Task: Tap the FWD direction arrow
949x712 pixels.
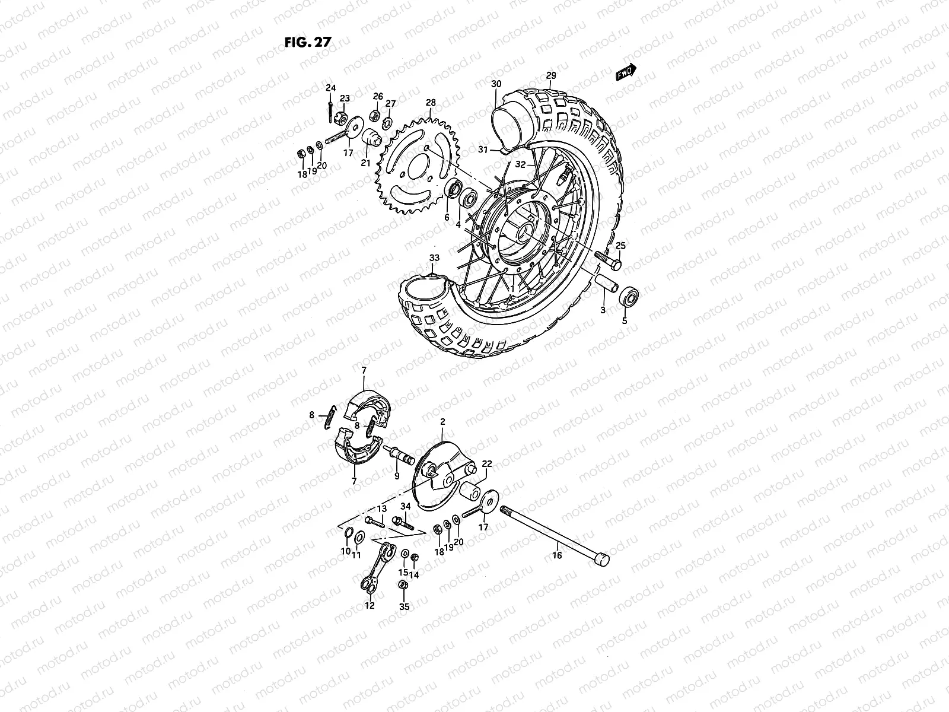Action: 626,72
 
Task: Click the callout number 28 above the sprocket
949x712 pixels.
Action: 447,103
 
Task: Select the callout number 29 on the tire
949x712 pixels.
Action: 551,75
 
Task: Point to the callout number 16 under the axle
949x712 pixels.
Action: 556,555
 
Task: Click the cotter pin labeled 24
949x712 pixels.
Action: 330,110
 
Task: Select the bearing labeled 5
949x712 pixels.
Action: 629,296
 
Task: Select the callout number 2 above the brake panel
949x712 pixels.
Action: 442,421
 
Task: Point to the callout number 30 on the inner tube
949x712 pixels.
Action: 496,84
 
